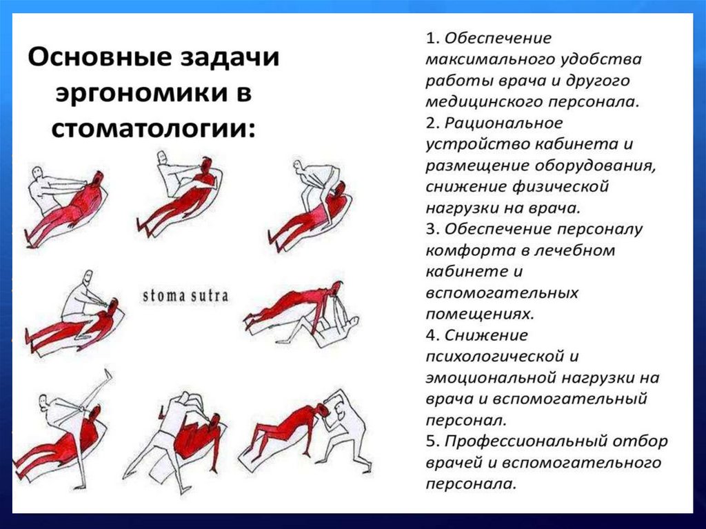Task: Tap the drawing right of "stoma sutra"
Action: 303,315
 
